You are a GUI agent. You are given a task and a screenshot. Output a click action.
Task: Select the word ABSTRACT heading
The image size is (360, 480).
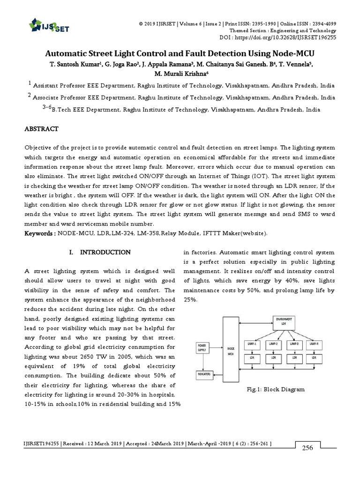41,128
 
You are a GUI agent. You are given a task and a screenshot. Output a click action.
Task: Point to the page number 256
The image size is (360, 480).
307,448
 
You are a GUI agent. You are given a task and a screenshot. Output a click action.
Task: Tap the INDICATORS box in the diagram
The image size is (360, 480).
202,375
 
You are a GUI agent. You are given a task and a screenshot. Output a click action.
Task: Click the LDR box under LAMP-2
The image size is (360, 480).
273,358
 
